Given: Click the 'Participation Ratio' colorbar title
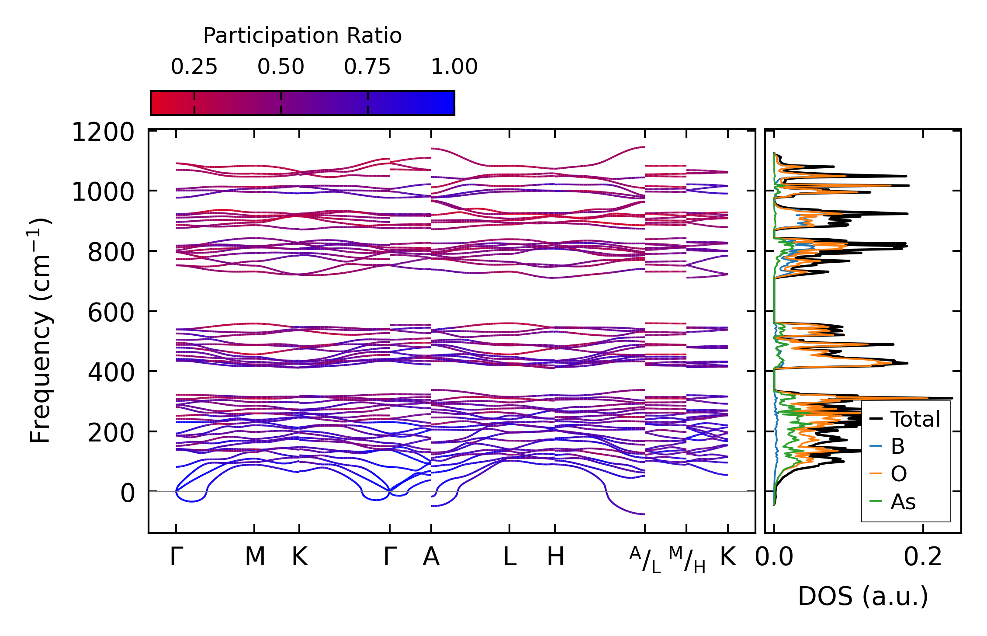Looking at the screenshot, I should pos(302,36).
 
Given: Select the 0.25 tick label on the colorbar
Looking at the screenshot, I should pos(194,67).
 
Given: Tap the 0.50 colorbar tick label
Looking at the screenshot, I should pos(281,67).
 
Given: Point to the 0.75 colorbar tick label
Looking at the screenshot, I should pos(367,67).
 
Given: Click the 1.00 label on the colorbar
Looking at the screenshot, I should pos(454,67).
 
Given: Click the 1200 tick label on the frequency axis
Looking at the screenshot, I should pos(103,132).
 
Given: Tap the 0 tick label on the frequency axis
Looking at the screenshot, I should pos(128,493).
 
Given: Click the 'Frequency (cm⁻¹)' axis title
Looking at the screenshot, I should pos(40,331).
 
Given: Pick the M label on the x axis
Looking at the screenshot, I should pos(255,557).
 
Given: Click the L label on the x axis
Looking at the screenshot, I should pos(509,557).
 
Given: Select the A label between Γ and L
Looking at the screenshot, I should pos(431,557).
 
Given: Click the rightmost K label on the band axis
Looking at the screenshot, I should pos(728,557).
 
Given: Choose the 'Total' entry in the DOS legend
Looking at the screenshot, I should pos(915,419).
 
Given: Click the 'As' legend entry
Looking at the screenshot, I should pos(903,502).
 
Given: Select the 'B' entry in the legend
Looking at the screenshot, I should pos(897,446).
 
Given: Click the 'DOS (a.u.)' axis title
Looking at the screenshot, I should pos(863,596).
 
